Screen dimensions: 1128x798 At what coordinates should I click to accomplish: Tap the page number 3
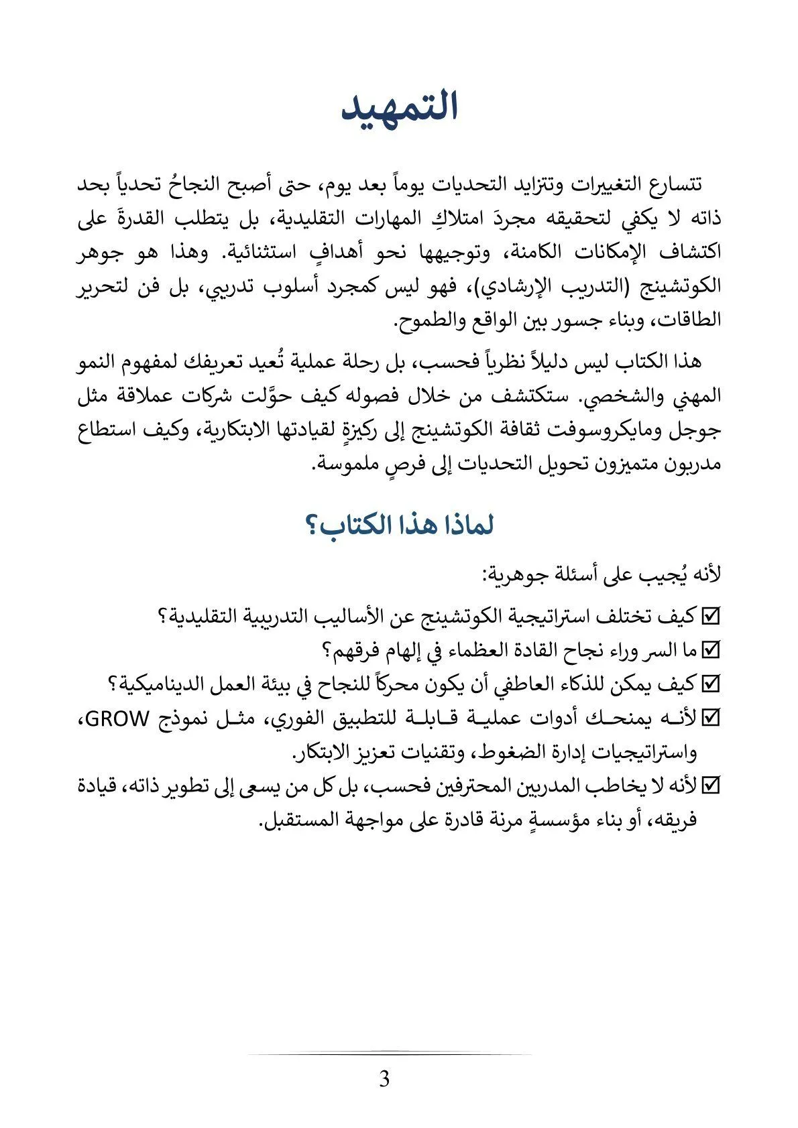(384, 1079)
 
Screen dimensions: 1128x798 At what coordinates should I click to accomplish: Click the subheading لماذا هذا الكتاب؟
(399, 525)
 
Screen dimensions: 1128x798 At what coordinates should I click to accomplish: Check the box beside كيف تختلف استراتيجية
(709, 615)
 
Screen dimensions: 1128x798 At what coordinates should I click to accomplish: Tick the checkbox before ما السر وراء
(709, 649)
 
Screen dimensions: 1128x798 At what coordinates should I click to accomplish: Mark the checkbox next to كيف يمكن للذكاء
(709, 684)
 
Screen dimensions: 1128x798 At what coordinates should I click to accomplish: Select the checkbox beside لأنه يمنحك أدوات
(709, 719)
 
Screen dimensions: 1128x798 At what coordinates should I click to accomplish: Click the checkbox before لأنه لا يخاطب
(709, 785)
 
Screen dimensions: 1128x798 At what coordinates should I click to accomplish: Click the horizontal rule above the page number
(389, 1054)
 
